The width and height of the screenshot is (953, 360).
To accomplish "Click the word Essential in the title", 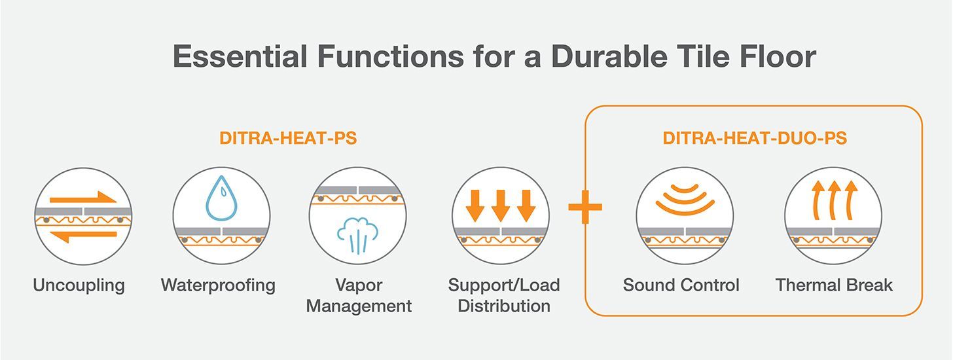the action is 240,56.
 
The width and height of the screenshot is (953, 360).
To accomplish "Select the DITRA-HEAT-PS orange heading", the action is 288,138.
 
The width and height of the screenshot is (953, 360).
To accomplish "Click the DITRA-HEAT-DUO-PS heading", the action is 755,138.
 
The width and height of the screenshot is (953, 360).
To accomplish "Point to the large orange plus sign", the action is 585,207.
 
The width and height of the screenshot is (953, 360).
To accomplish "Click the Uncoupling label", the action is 79,285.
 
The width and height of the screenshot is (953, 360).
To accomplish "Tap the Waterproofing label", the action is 218,285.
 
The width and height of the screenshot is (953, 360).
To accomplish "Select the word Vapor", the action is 359,285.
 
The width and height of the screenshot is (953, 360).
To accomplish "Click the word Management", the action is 359,306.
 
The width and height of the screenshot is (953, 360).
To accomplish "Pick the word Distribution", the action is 504,306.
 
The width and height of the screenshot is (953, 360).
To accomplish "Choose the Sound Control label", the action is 681,285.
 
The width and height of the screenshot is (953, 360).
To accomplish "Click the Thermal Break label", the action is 834,285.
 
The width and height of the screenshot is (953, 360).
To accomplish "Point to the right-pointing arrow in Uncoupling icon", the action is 83,198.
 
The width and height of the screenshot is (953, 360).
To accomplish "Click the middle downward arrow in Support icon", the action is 500,206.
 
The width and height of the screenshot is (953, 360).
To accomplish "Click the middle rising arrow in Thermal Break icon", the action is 834,200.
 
